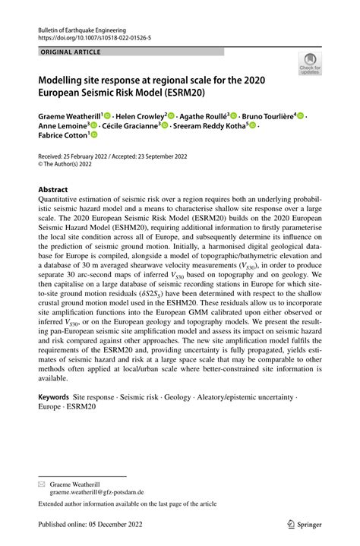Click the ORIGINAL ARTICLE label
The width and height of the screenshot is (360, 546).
pos(68,52)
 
